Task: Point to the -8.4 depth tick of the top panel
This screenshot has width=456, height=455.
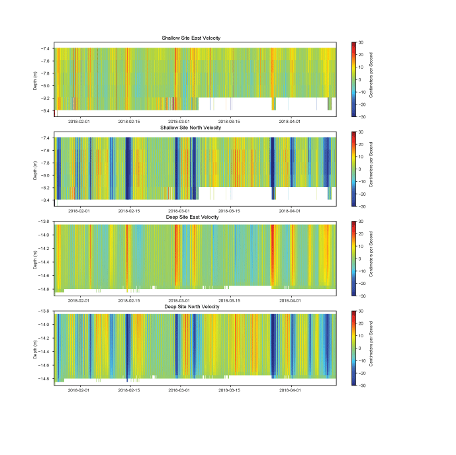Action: point(46,110)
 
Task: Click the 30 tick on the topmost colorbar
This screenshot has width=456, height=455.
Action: point(361,42)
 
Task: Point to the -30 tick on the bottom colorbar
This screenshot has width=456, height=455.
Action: point(361,385)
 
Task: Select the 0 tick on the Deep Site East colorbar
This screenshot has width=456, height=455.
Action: point(360,259)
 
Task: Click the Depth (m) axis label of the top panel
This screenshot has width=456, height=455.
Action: point(36,79)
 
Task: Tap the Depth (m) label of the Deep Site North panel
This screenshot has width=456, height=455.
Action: point(36,349)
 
